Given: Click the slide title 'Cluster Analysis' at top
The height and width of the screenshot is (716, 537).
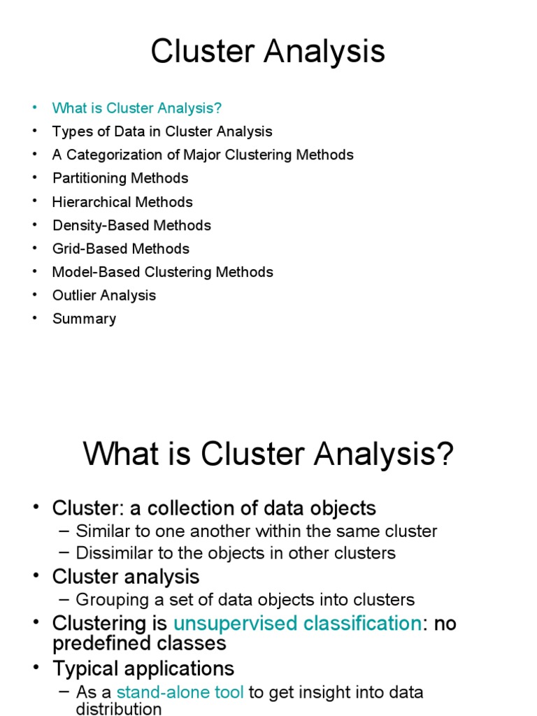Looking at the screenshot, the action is click(268, 52).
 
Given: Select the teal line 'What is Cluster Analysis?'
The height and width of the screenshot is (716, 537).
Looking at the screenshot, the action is click(136, 108).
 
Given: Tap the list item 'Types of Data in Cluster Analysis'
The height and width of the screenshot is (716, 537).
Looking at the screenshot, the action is click(162, 131).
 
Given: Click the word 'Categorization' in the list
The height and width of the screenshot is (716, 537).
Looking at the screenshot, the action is click(110, 155).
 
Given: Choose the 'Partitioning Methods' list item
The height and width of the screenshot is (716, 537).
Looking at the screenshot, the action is click(120, 178).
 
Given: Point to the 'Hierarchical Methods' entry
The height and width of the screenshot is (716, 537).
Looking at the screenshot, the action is click(122, 202).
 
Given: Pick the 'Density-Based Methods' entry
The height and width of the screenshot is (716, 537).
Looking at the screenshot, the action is click(131, 225).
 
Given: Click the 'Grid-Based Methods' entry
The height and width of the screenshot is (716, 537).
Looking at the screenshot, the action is click(120, 248).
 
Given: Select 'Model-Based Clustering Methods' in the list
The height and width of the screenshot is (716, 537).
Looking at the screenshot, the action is click(162, 272).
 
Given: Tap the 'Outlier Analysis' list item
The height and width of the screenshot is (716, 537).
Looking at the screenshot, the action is click(104, 295).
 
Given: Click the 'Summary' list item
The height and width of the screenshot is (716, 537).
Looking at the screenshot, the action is click(84, 319).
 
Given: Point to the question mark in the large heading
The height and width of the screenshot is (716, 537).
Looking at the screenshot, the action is click(444, 456).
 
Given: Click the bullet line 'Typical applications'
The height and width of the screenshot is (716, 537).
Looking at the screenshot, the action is click(143, 668).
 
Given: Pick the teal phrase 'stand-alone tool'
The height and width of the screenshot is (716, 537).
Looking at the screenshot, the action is click(180, 692).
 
